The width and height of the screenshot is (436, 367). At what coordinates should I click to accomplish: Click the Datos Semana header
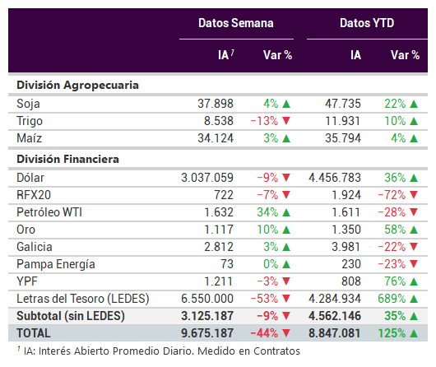(x=236, y=23)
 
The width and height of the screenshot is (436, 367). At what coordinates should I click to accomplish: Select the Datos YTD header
(x=367, y=23)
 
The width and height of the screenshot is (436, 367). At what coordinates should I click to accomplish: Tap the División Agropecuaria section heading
(x=77, y=85)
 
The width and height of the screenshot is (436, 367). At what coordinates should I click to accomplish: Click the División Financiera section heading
(x=67, y=159)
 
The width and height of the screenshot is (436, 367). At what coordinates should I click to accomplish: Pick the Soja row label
(x=28, y=104)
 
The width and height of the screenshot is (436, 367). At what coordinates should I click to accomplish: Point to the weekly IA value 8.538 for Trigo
(x=219, y=121)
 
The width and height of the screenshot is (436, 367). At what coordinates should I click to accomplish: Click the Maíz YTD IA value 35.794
(x=343, y=138)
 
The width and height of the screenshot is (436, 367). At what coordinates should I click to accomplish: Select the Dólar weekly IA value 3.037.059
(x=207, y=178)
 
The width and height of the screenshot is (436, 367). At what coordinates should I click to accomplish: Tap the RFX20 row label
(x=34, y=195)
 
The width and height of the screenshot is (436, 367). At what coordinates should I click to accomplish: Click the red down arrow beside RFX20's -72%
(x=414, y=195)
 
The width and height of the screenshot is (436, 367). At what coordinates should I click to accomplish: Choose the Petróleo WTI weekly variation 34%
(x=267, y=212)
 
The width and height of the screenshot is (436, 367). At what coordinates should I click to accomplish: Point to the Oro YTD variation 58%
(x=395, y=230)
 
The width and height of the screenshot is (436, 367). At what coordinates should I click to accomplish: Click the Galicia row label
(x=35, y=247)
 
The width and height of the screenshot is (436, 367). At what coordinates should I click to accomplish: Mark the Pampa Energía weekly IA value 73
(x=227, y=264)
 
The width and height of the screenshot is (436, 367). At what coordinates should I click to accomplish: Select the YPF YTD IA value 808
(x=351, y=281)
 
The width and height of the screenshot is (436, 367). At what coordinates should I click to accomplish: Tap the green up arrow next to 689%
(x=414, y=299)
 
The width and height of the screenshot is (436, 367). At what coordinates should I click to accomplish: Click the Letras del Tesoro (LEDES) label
(x=83, y=299)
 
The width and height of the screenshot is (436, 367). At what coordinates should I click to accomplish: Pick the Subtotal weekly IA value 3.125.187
(x=207, y=316)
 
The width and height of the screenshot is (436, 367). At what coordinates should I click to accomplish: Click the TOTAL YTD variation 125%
(x=392, y=333)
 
